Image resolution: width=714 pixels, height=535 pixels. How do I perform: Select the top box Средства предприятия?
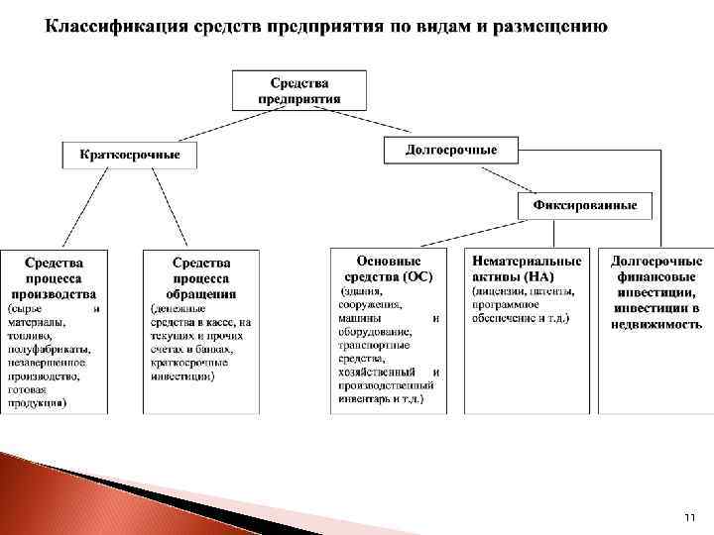(x=299, y=90)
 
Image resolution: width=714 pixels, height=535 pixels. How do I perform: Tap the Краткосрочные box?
(x=130, y=156)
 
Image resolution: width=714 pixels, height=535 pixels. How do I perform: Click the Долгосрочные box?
(x=451, y=151)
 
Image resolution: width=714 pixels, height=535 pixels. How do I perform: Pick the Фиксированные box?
(x=584, y=206)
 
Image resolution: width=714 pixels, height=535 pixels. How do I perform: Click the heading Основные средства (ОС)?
(x=389, y=268)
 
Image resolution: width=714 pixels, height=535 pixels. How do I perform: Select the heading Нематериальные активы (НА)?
(x=527, y=268)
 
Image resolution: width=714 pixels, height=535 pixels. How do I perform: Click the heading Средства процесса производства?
(x=55, y=278)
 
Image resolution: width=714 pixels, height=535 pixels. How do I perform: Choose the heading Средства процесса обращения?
(x=201, y=278)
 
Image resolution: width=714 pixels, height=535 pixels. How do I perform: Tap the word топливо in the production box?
(x=27, y=336)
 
